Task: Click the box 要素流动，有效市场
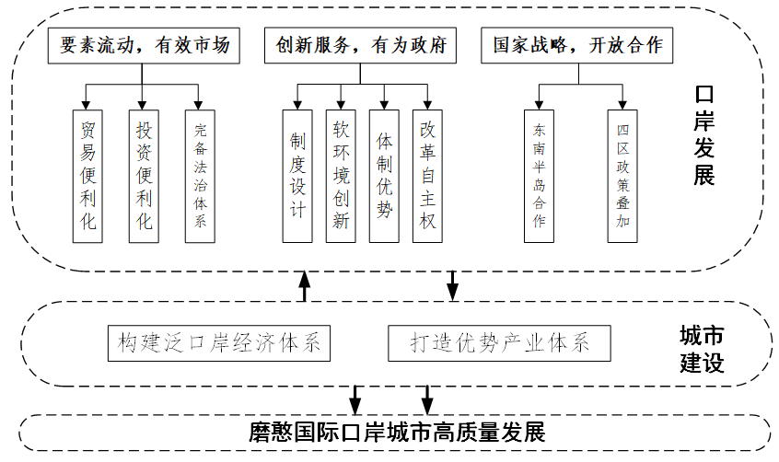click(x=143, y=45)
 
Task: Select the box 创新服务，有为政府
click(x=360, y=45)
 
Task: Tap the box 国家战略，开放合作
click(x=577, y=45)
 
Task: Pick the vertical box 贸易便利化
click(x=87, y=175)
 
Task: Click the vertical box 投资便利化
click(x=143, y=175)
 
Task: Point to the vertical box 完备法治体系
click(x=200, y=175)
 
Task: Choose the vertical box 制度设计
click(x=297, y=175)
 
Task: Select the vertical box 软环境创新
click(x=341, y=175)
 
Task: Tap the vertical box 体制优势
click(x=385, y=175)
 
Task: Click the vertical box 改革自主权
click(x=428, y=175)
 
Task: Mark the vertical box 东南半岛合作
click(x=540, y=175)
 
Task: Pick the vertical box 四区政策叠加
click(x=622, y=175)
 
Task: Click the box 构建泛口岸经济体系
click(x=218, y=343)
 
